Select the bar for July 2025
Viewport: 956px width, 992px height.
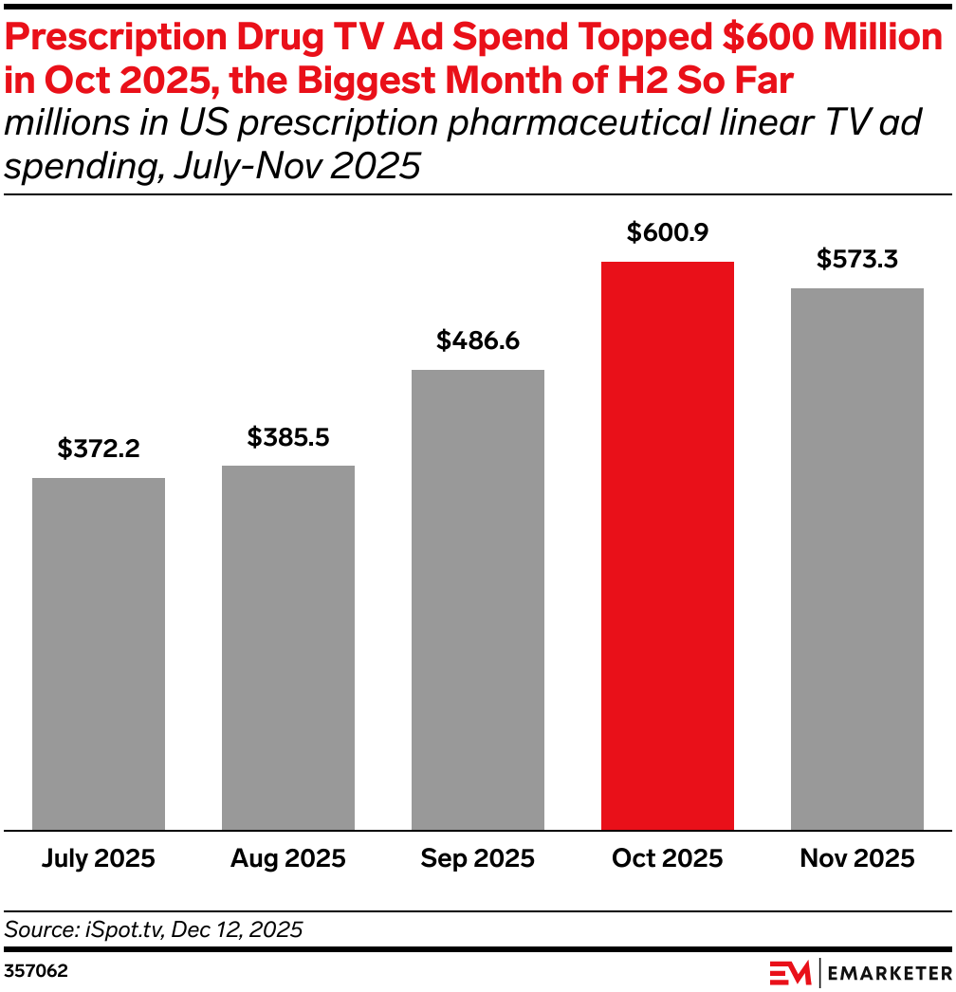point(99,653)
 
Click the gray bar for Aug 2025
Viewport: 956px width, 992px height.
point(288,648)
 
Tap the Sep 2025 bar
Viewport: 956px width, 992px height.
point(478,599)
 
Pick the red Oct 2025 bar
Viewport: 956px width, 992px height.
point(668,545)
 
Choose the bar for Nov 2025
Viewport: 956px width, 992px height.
point(857,559)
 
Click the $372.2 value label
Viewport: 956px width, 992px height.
point(99,449)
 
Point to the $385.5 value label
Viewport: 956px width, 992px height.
point(288,436)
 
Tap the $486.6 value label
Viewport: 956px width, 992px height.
point(478,340)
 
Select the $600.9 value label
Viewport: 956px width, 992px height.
point(668,232)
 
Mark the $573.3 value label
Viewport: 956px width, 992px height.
point(857,259)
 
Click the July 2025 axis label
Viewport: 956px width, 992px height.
point(99,859)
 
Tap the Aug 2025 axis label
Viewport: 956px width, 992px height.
point(288,859)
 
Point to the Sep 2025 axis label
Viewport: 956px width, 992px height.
point(478,859)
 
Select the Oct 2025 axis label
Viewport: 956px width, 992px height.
point(668,859)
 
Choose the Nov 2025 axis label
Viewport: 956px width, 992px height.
point(857,859)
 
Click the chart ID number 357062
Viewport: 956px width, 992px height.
point(36,972)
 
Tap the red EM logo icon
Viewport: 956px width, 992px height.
point(789,972)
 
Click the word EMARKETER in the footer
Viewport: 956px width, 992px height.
point(891,972)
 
